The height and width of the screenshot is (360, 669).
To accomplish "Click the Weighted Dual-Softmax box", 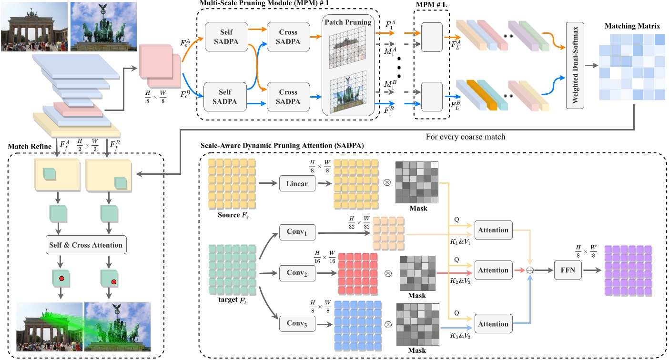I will [576, 65].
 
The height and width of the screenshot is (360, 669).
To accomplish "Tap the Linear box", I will [297, 183].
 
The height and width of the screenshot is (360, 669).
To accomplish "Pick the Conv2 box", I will [297, 273].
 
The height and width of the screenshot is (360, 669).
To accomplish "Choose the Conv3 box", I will [297, 324].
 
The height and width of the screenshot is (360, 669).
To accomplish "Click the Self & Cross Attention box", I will [86, 245].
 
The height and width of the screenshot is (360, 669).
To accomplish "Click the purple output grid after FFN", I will [627, 270].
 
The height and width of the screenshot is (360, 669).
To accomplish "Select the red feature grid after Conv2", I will [357, 274].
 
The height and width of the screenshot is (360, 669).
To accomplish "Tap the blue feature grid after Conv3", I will [357, 324].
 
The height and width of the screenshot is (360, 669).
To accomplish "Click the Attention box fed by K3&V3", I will [493, 324].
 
